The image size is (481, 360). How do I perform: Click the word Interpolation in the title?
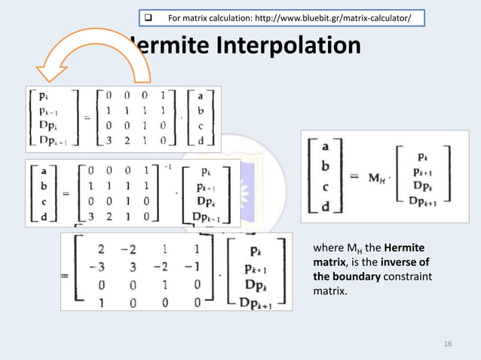coord(289,47)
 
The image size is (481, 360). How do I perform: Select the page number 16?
coord(448,343)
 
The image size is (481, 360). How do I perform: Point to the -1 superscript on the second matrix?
coord(170,166)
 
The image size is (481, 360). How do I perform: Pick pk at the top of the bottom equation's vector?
coord(258,251)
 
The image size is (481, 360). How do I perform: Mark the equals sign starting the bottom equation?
coord(66,276)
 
